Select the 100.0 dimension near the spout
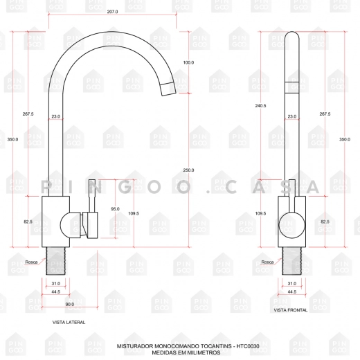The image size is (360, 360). click(188, 63)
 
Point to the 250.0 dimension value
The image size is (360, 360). click(188, 170)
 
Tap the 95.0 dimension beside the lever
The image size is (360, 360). click(115, 209)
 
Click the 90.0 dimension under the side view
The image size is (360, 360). click(71, 305)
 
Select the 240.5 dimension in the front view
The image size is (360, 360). click(260, 105)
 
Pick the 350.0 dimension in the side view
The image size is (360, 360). click(12, 140)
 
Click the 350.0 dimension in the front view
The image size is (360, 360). click(345, 140)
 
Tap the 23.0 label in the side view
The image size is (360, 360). click(55, 117)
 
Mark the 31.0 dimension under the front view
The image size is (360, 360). click(291, 283)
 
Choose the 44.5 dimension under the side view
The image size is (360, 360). click(55, 292)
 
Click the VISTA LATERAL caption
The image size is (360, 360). click(69, 323)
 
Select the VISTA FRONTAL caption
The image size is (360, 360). click(291, 311)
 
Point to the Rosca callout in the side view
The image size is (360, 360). click(31, 262)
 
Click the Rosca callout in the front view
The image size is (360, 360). click(267, 262)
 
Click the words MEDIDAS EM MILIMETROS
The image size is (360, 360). click(180, 352)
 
